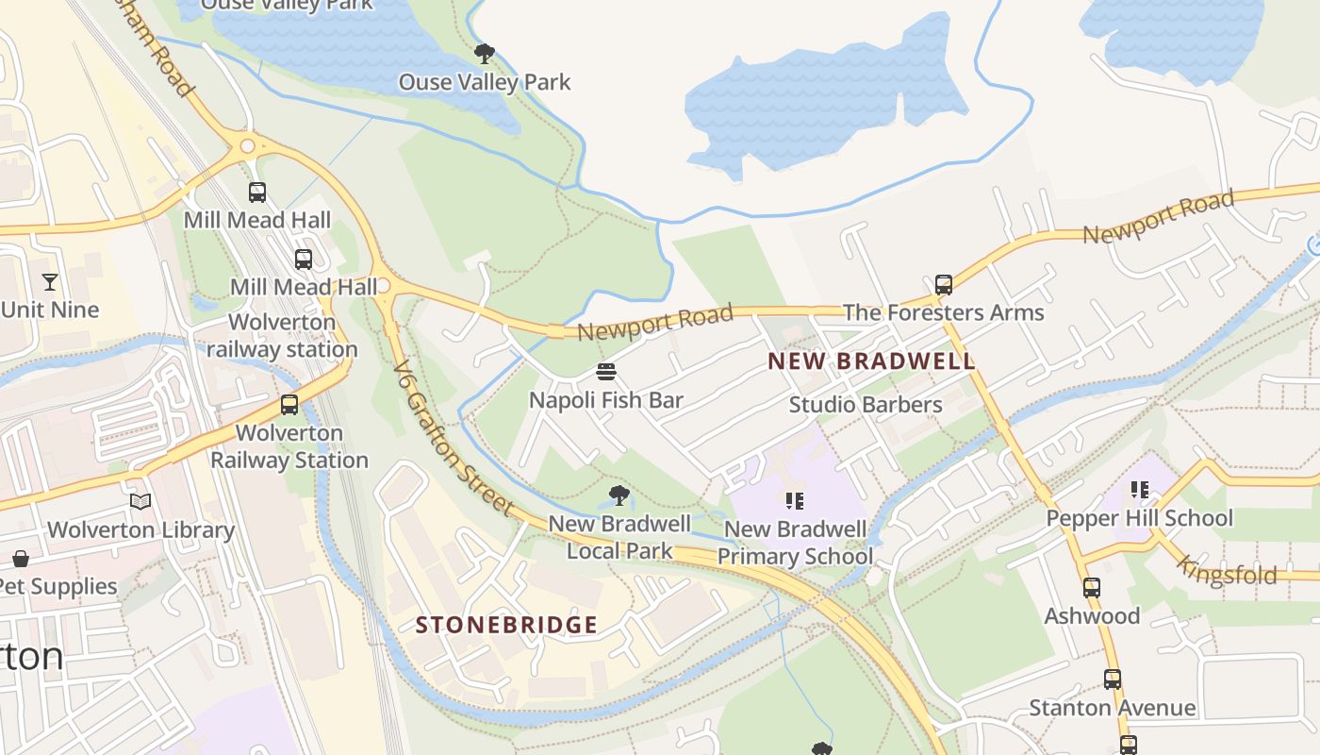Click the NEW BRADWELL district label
tap(870, 361)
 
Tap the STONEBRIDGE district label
tap(506, 625)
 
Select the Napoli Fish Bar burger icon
tap(606, 372)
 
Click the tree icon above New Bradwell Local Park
tap(619, 495)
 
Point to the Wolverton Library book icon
tap(140, 502)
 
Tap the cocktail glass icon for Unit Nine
tap(49, 281)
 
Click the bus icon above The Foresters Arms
tap(943, 285)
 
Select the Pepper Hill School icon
tap(1140, 490)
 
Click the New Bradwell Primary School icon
tap(794, 500)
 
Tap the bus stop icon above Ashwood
tap(1091, 588)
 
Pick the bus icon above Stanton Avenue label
tap(1112, 679)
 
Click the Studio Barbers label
tap(865, 405)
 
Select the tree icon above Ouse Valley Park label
tap(485, 54)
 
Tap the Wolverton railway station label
tap(282, 336)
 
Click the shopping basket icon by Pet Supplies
tap(20, 559)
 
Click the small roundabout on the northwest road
tap(248, 145)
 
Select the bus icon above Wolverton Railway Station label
tap(289, 405)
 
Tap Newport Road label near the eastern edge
tap(1158, 217)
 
